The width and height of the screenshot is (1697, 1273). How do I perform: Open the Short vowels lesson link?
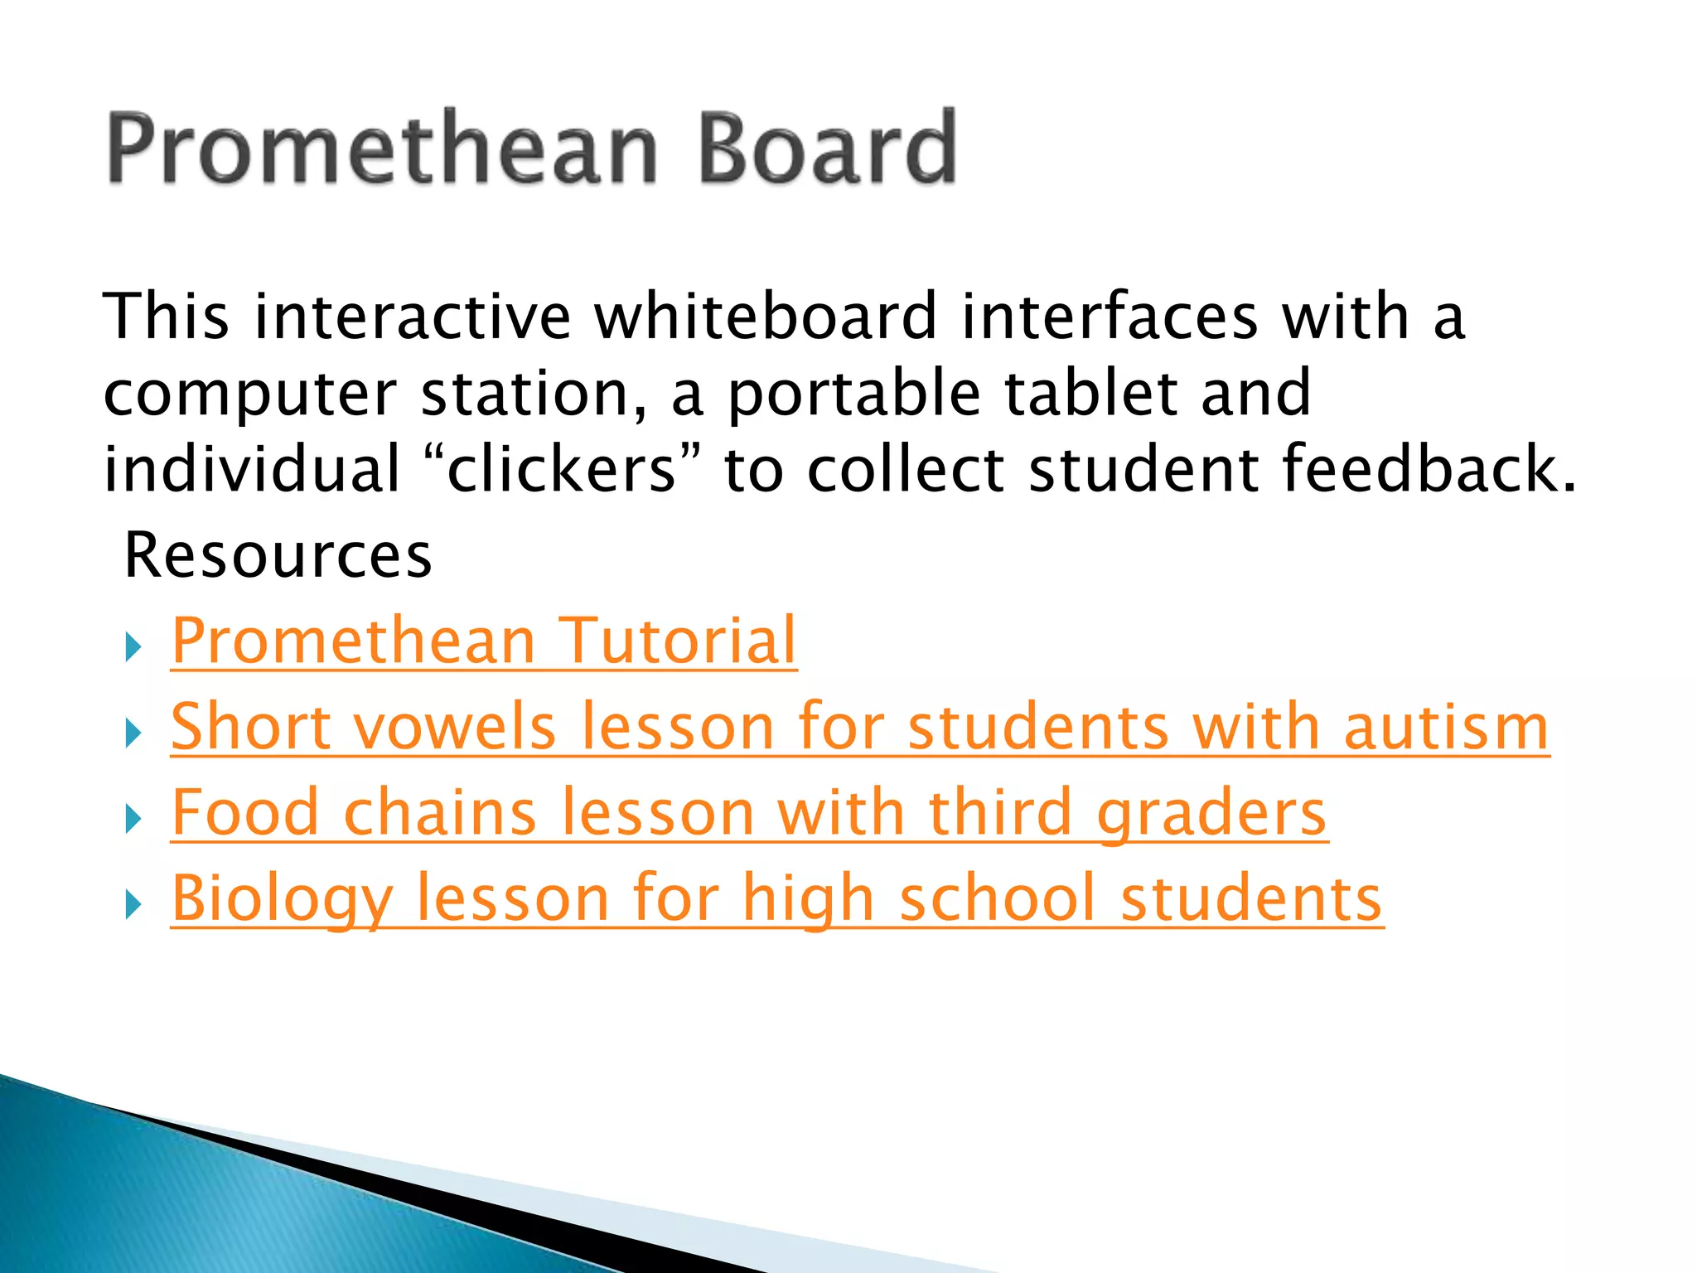tap(859, 727)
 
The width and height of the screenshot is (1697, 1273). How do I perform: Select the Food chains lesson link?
tap(749, 813)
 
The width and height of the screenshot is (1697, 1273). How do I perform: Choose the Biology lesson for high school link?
tap(776, 899)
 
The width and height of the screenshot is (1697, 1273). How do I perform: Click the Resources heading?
tap(278, 555)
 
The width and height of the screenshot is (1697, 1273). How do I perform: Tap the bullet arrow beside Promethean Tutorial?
tap(133, 647)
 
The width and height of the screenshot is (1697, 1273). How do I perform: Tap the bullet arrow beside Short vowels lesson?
tap(133, 733)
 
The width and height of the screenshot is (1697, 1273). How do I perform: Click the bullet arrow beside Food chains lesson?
tap(133, 820)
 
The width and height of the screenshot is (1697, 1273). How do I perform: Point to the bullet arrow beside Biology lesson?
tap(133, 905)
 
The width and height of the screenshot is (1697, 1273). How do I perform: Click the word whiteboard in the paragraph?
tap(766, 317)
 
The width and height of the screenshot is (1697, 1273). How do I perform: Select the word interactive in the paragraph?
tap(413, 317)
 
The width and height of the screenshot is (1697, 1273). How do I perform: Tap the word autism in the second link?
tap(1446, 727)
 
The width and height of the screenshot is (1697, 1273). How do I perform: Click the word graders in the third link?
tap(1211, 813)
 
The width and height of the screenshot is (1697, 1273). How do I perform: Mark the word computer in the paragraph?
tap(249, 394)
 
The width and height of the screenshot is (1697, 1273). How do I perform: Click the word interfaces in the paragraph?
tap(1110, 317)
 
